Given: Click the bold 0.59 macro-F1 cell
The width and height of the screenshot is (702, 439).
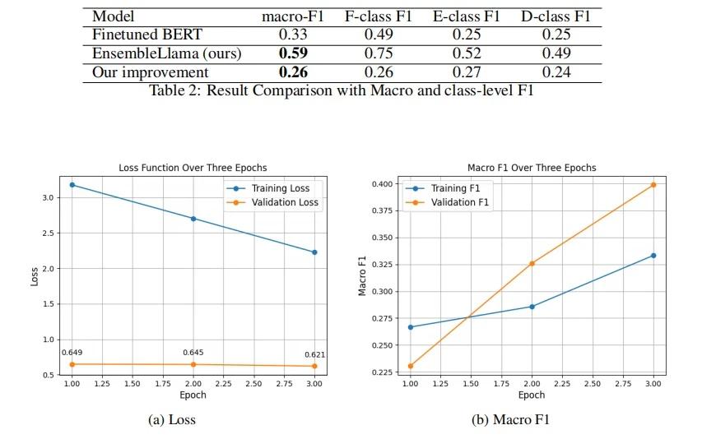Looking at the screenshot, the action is [x=293, y=53].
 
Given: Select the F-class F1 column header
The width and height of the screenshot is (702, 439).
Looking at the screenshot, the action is [x=378, y=16].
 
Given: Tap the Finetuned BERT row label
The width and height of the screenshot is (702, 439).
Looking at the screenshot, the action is [x=146, y=35].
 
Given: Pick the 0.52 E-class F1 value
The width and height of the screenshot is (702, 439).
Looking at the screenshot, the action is [x=467, y=53].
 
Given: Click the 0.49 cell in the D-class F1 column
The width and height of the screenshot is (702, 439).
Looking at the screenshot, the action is [x=556, y=53].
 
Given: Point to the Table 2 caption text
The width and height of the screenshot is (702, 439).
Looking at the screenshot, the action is [x=342, y=90].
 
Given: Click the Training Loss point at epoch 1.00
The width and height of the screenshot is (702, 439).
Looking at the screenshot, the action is [x=72, y=185].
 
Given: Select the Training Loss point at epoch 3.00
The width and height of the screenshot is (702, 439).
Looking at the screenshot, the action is [x=314, y=252].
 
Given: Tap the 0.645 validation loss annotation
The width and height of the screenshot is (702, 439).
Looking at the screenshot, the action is [x=193, y=353].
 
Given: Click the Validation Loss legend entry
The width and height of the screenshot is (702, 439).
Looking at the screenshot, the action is [x=273, y=202].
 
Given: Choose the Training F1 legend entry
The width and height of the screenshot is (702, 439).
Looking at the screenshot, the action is [x=443, y=188].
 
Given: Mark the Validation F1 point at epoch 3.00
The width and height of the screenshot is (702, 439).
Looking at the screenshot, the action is [x=653, y=185].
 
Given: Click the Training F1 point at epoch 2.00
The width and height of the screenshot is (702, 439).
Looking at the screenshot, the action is [x=532, y=307].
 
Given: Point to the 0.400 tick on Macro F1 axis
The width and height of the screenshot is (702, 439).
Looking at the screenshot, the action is [x=383, y=184].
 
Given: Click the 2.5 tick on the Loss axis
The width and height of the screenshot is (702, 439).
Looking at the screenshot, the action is [x=49, y=233].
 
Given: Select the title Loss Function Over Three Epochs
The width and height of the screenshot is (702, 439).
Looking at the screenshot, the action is [x=193, y=168].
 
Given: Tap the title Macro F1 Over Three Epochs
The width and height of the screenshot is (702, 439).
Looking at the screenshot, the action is [x=532, y=168].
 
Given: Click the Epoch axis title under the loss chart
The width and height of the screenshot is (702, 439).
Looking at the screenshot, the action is [x=193, y=395].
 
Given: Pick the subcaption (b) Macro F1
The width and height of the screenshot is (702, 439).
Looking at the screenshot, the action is [x=510, y=419].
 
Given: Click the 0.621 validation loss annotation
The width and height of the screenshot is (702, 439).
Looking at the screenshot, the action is [x=314, y=354].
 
